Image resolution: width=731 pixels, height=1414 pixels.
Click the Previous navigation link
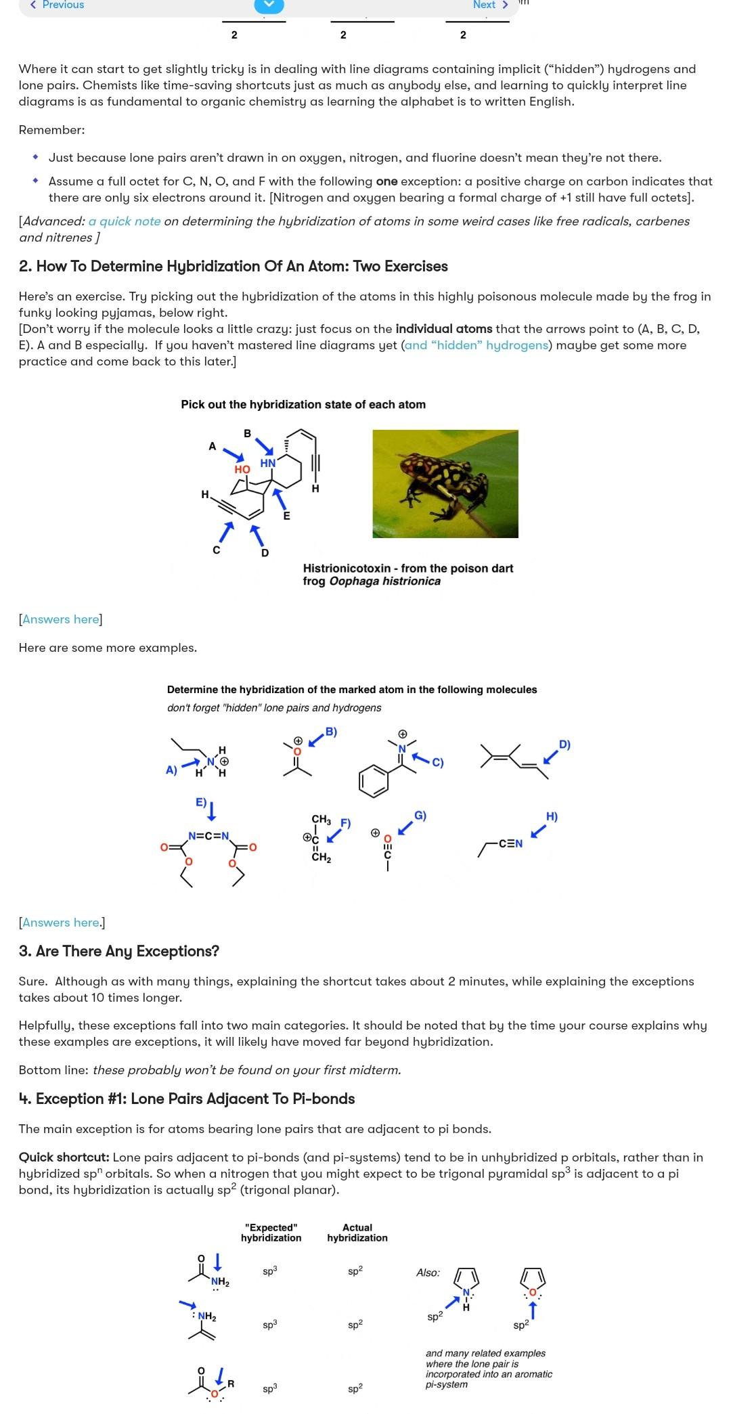point(58,5)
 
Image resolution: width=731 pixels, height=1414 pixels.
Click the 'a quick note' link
point(125,221)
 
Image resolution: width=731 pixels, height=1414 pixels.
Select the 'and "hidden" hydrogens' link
point(476,345)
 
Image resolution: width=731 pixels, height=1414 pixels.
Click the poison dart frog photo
point(445,483)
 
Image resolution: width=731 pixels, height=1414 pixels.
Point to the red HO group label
point(242,469)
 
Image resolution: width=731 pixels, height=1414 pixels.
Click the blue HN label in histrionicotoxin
point(268,464)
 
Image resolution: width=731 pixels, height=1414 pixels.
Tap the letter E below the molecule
point(286,516)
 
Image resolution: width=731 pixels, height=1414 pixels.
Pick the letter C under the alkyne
point(217,550)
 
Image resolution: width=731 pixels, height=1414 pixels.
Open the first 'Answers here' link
point(61,619)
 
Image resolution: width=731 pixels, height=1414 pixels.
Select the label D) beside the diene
point(564,745)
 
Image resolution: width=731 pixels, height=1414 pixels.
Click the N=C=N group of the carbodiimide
point(208,836)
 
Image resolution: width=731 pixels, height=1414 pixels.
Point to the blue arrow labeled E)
point(211,810)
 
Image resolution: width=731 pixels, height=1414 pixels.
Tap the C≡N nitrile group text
point(512,843)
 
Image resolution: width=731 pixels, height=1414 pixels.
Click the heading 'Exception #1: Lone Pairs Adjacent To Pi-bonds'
point(187,1099)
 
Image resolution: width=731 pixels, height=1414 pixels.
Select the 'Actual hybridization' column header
point(357,1233)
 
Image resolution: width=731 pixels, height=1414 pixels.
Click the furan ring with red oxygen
point(533,1280)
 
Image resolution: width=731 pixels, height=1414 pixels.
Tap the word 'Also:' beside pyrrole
point(428,1273)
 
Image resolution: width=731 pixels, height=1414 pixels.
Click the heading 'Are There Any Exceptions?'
point(119,951)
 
